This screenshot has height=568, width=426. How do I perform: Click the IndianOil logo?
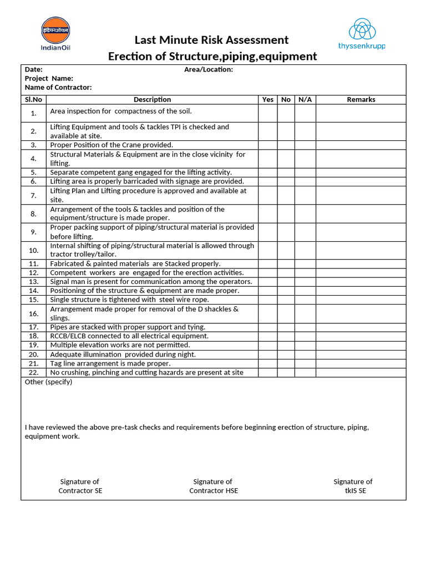pyautogui.click(x=55, y=33)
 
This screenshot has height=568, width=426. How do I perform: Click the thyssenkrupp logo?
pyautogui.click(x=362, y=34)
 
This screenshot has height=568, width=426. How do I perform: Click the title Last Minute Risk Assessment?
pyautogui.click(x=212, y=40)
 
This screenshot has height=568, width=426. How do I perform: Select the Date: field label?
pyautogui.click(x=34, y=69)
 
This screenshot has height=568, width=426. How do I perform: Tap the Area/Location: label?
pyautogui.click(x=209, y=69)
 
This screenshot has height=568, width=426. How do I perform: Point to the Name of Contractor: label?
pyautogui.click(x=58, y=87)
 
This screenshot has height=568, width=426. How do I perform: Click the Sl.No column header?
pyautogui.click(x=33, y=99)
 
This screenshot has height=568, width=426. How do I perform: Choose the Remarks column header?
pyautogui.click(x=361, y=99)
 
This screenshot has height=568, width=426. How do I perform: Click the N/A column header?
pyautogui.click(x=305, y=99)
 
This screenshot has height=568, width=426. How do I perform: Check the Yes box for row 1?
pyautogui.click(x=268, y=113)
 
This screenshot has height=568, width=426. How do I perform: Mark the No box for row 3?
pyautogui.click(x=286, y=145)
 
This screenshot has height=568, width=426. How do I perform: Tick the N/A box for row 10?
pyautogui.click(x=305, y=250)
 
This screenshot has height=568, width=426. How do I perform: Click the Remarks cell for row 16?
pyautogui.click(x=361, y=313)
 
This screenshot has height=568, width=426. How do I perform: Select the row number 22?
pyautogui.click(x=33, y=373)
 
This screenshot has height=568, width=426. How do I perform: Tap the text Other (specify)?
pyautogui.click(x=49, y=382)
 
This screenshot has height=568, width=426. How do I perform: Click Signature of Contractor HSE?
pyautogui.click(x=213, y=486)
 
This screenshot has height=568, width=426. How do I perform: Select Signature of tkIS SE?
pyautogui.click(x=353, y=486)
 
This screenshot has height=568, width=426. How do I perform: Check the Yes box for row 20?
pyautogui.click(x=268, y=354)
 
